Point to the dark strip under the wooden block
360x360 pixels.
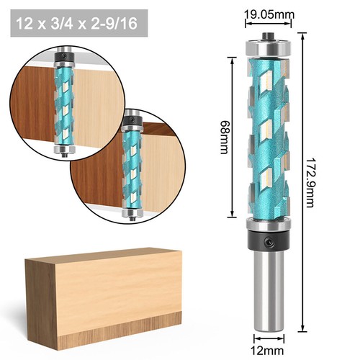108,338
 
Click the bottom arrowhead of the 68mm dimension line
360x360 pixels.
232,216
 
